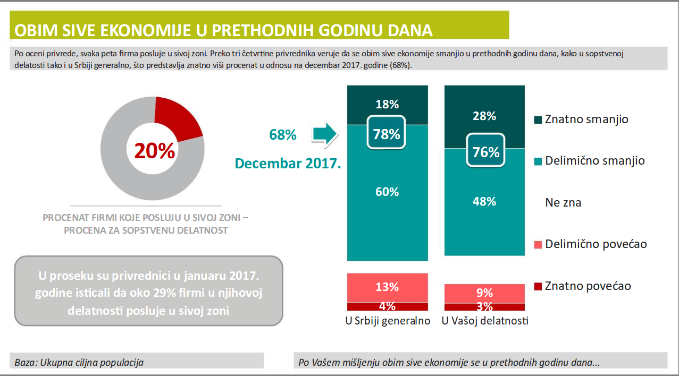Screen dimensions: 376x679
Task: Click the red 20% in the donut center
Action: [x=154, y=151]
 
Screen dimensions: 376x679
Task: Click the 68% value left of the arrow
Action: [x=282, y=135]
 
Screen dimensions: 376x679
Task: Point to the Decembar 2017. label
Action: [x=288, y=163]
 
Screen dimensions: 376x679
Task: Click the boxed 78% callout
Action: [x=387, y=134]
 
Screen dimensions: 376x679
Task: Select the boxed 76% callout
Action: [x=486, y=152]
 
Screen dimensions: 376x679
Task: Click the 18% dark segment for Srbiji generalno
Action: [x=387, y=104]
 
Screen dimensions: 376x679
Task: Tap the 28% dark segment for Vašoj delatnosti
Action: [x=484, y=116]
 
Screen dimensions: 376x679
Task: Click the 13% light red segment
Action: [x=387, y=287]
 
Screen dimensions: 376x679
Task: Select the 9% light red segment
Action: [x=484, y=293]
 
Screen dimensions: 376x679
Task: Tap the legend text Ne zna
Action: [x=563, y=202]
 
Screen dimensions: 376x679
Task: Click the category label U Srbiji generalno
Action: [x=388, y=321]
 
